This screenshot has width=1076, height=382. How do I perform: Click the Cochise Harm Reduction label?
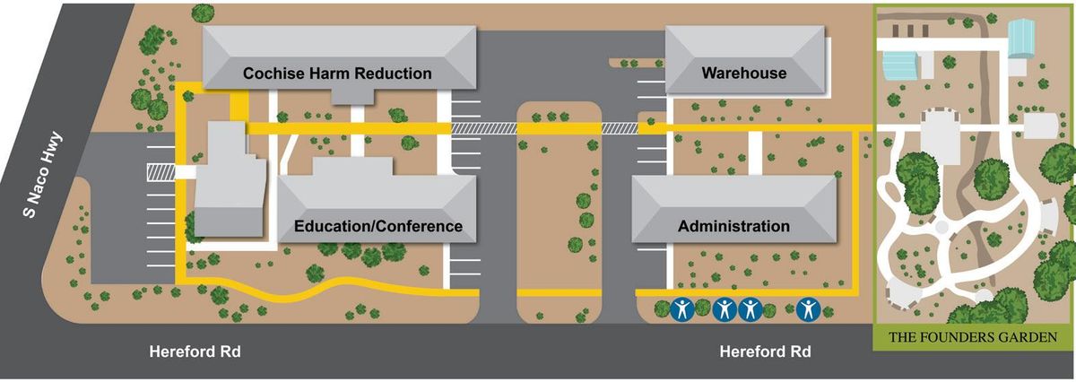tap(337, 73)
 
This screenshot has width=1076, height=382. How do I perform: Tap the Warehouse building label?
tap(743, 73)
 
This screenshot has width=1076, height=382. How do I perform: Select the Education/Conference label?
tap(378, 226)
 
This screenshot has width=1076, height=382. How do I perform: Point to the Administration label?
tap(733, 226)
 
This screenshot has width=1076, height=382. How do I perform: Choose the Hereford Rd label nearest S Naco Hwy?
tap(195, 352)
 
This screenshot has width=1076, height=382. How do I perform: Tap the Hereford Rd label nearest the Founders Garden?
tap(765, 352)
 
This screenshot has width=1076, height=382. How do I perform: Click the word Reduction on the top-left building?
tap(394, 73)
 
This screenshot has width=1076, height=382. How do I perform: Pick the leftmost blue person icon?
tap(682, 310)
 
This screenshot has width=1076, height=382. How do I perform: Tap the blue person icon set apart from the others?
tap(808, 310)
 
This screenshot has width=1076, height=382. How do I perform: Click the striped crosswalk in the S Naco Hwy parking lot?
tap(160, 170)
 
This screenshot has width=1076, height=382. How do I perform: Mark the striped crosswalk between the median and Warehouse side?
tap(619, 129)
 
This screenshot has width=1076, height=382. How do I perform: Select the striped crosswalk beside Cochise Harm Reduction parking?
tap(484, 129)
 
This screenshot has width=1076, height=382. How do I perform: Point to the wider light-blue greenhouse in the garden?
tap(902, 65)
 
